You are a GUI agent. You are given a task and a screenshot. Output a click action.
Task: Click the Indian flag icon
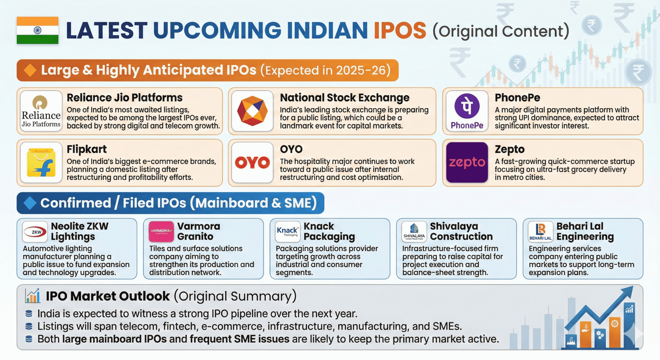point(38,31)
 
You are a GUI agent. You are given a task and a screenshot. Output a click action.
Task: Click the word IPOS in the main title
point(400,31)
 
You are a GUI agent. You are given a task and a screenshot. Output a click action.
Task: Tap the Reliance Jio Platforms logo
point(41,111)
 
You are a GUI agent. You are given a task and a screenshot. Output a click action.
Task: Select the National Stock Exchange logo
point(252,111)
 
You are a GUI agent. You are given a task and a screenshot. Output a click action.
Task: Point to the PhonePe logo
point(467,111)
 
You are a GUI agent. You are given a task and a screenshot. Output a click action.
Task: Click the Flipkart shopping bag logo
point(41,162)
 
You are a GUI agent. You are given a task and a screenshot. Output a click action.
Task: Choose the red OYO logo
point(252,162)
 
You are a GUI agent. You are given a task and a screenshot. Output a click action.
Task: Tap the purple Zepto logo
point(467,162)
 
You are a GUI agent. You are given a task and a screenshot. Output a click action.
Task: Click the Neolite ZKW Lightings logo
point(35,232)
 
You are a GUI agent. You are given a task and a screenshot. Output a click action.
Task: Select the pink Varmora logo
point(161,232)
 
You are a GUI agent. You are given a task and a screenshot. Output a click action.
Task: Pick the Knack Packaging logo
point(288,232)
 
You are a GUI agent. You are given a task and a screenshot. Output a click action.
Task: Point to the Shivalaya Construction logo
point(414,232)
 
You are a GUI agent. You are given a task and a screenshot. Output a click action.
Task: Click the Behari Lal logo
point(540,232)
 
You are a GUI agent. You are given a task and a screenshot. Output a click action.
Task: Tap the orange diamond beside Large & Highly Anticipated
point(30,70)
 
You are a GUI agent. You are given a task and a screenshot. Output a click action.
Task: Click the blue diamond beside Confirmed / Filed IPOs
point(29,203)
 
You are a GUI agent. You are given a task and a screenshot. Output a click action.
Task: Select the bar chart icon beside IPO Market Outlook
point(33,296)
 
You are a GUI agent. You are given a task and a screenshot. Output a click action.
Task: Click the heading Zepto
point(509,149)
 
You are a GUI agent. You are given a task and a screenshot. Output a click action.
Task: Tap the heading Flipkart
point(87,149)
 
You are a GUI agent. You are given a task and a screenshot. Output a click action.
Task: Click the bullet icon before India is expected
point(29,313)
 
